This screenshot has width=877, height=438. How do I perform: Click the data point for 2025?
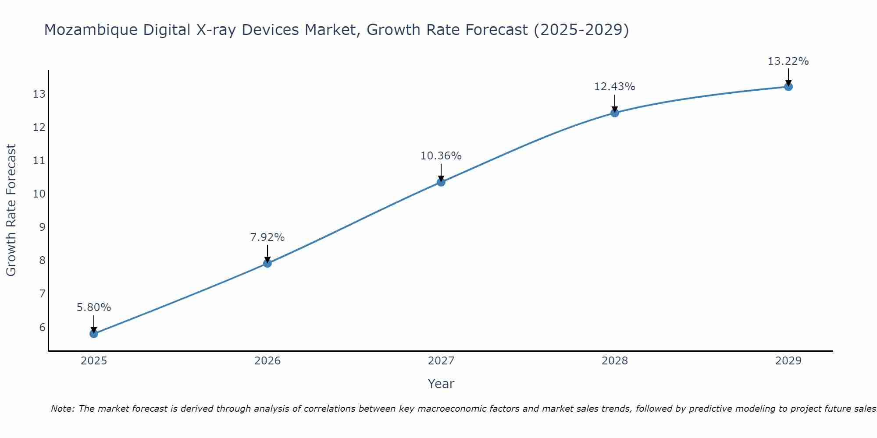(x=94, y=334)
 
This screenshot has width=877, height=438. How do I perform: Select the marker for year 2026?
(x=267, y=263)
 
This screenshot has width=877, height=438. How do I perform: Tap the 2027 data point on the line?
(x=441, y=182)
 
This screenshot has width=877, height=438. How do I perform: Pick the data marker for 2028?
(x=615, y=113)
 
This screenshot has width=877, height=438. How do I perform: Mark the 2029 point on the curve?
(x=788, y=87)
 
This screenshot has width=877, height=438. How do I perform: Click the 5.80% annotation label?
(x=94, y=307)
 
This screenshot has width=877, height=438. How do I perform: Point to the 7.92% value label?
(x=267, y=237)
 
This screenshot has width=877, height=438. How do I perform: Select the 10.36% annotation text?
(x=441, y=156)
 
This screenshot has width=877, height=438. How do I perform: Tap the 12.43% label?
(x=615, y=87)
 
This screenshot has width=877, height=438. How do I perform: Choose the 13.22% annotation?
(x=788, y=61)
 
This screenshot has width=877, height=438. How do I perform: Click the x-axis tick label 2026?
(x=267, y=361)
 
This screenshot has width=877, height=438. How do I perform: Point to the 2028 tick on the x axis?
(x=615, y=361)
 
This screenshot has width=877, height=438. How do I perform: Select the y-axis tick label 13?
(x=39, y=94)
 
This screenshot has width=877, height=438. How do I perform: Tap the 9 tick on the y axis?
(x=42, y=227)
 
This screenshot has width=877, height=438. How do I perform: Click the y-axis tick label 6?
(x=42, y=327)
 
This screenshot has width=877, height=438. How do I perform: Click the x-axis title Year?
(x=441, y=384)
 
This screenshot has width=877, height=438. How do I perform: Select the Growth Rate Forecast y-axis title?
(x=11, y=210)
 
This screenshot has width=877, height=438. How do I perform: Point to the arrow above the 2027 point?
(x=441, y=172)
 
